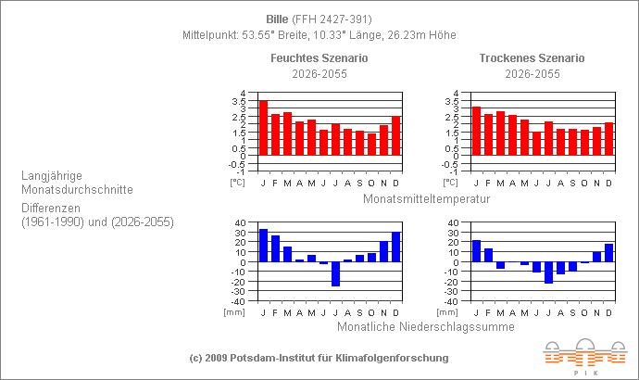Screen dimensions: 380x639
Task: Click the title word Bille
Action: coord(277,19)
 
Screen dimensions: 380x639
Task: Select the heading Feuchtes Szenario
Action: coord(319,58)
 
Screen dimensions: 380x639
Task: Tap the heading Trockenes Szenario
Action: coord(532,58)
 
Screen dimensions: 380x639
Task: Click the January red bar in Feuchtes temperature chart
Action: coord(263,128)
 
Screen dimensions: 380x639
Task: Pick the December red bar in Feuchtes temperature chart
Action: coord(395,135)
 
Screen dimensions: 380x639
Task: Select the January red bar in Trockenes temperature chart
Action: coord(476,131)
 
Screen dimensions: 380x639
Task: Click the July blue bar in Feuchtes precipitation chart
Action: coord(335,273)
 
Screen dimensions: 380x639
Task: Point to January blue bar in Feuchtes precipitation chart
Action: coord(263,246)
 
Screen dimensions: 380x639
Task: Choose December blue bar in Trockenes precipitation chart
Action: coord(608,252)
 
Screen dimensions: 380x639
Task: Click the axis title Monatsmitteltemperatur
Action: coord(426,198)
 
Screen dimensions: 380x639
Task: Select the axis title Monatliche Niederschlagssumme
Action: coord(426,326)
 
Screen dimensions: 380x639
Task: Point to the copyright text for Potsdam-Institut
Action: coord(319,357)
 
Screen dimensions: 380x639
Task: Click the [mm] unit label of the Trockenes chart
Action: coord(447,312)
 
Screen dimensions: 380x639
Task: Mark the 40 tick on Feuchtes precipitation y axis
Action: coord(239,223)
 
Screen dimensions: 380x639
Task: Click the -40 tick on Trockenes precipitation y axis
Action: coord(450,301)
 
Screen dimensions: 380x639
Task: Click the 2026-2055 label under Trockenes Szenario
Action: coord(532,74)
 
